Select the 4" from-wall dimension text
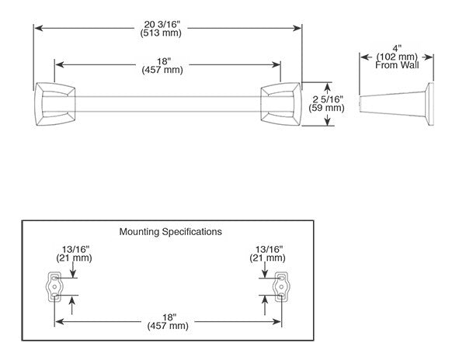pyautogui.click(x=398, y=48)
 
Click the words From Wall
pyautogui.click(x=398, y=67)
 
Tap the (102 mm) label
pyautogui.click(x=398, y=57)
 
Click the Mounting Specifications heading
pyautogui.click(x=170, y=231)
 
